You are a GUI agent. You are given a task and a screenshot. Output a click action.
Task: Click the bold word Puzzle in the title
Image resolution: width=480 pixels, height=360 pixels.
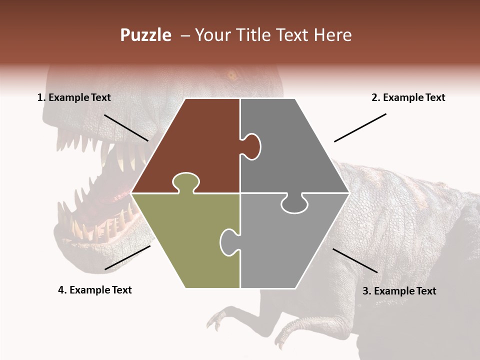coord(145,35)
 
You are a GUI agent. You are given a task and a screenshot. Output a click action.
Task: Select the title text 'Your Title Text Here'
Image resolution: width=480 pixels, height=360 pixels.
coord(273,35)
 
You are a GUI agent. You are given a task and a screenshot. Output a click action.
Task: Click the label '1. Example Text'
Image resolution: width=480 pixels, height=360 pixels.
coord(74,97)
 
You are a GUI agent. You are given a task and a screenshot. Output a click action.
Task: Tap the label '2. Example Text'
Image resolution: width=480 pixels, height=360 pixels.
coord(408,97)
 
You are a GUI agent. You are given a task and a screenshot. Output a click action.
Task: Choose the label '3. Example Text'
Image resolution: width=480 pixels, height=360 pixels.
coord(399,291)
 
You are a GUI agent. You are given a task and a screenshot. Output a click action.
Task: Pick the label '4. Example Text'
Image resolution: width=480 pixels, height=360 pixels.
coord(94,290)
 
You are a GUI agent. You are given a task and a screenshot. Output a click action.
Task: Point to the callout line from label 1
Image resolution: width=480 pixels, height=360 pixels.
coord(126,127)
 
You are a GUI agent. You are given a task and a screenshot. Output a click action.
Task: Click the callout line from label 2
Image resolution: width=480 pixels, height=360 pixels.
coord(360,127)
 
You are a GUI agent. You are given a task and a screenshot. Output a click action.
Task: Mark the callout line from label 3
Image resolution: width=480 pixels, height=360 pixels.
coord(355,260)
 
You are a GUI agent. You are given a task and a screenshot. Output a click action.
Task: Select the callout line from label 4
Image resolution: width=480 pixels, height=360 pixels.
coord(127,257)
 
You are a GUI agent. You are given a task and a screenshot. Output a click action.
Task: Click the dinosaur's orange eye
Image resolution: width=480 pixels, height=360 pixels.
coord(231,76)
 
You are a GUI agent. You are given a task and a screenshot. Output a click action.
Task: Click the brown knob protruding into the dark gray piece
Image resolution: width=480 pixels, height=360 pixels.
coord(251,146)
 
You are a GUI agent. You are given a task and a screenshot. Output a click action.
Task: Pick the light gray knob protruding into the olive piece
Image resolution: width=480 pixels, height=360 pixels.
coord(229,242)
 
